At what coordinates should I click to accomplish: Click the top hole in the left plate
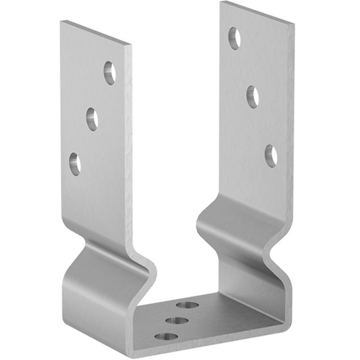point(109,73)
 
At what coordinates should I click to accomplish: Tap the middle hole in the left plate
point(92,119)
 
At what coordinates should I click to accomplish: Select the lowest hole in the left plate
point(74,163)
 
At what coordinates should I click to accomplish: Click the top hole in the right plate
point(234,38)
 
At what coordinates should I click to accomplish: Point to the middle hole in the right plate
point(253,97)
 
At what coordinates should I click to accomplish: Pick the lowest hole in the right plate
point(271,155)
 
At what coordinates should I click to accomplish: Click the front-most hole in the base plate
point(165,336)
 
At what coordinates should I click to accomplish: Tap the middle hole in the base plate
point(176,319)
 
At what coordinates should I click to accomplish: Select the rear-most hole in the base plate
point(187,305)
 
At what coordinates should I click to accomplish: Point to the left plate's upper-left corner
point(61,22)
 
